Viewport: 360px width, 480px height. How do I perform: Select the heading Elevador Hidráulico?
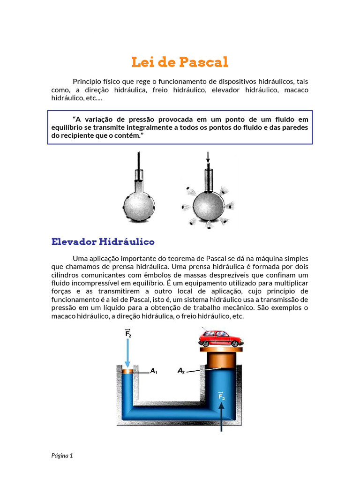[103, 242]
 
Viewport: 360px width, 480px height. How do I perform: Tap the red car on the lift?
[220, 338]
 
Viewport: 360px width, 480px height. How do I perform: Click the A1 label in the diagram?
[153, 371]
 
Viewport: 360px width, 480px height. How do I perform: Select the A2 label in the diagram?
[181, 371]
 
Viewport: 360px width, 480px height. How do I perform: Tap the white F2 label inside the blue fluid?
[221, 397]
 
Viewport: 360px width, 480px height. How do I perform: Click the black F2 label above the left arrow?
[128, 333]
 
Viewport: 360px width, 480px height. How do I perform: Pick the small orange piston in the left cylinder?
[127, 372]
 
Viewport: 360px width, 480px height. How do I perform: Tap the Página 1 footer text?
[62, 455]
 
